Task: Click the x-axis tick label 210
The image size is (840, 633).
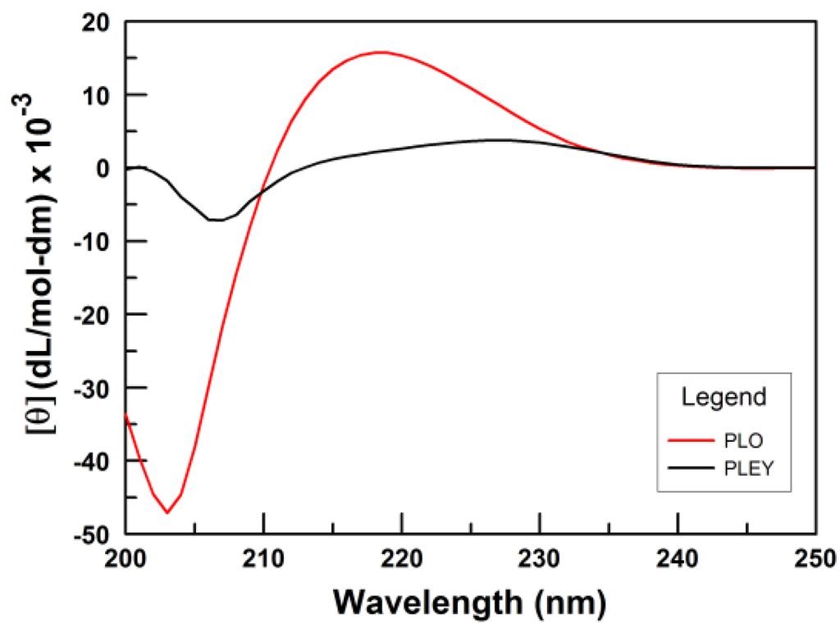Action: tap(263, 559)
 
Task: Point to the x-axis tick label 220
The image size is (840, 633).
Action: tap(401, 559)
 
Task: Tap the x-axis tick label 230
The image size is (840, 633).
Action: tap(539, 559)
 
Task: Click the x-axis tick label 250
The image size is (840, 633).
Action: tap(814, 559)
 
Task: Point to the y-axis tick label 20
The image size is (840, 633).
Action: tap(98, 22)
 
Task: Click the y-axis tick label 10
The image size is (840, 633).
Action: tap(98, 95)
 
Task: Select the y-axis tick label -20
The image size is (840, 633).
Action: tap(93, 314)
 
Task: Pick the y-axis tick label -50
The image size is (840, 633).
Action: tap(93, 534)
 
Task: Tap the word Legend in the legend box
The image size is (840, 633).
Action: tap(724, 397)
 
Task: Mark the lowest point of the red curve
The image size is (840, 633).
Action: tap(167, 512)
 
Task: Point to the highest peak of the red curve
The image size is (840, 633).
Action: tap(381, 52)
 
